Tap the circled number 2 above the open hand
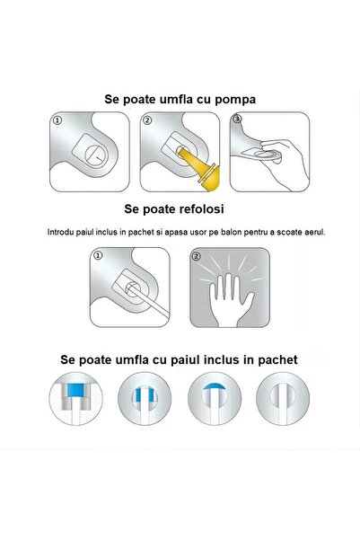[x=197, y=256]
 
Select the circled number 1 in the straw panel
[x=101, y=256]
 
